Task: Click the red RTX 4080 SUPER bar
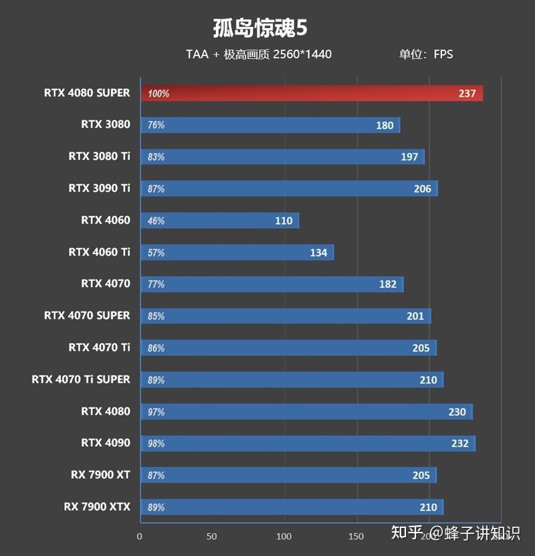click(311, 93)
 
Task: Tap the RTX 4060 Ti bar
click(237, 252)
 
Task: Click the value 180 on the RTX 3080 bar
click(385, 125)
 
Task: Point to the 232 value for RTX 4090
click(459, 443)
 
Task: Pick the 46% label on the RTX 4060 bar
click(156, 221)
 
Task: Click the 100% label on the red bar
click(158, 94)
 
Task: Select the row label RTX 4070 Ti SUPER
click(81, 379)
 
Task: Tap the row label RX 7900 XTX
click(97, 506)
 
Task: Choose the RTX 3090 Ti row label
click(99, 188)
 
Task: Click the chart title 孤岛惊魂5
click(260, 29)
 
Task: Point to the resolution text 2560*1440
click(302, 54)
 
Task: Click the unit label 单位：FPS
click(426, 54)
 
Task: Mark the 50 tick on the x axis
click(212, 537)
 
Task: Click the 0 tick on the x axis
click(140, 537)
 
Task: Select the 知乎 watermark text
click(407, 533)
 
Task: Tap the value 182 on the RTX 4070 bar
click(388, 284)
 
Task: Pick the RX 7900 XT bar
click(288, 475)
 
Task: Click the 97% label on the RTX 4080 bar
click(156, 412)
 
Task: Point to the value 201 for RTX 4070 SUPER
click(415, 316)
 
